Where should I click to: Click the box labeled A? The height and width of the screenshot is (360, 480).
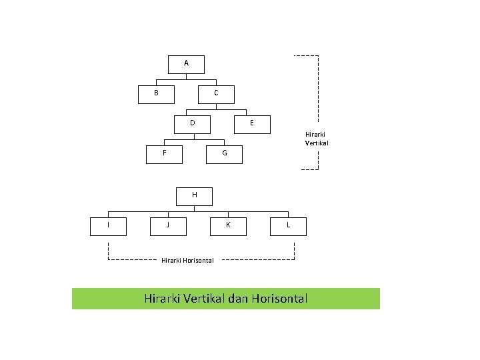(x=186, y=64)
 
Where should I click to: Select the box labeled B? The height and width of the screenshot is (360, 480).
(x=156, y=94)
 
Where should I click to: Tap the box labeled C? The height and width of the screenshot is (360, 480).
(x=216, y=94)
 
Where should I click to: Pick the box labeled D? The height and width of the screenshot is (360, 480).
(x=193, y=124)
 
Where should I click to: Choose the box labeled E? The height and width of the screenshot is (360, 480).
(x=251, y=124)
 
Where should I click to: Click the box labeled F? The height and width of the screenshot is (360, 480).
(x=165, y=153)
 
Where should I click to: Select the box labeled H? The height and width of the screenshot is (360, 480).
(x=195, y=196)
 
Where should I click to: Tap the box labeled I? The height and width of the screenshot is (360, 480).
(x=109, y=226)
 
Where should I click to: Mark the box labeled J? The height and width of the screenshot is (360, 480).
(x=168, y=226)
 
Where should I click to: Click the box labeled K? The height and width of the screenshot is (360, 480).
(x=228, y=226)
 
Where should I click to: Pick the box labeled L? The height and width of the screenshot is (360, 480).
(x=288, y=226)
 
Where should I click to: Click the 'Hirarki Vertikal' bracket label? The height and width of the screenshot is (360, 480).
(x=317, y=139)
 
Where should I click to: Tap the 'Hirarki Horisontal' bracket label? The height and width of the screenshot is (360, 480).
(x=187, y=260)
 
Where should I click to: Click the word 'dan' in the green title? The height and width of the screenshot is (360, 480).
(x=237, y=299)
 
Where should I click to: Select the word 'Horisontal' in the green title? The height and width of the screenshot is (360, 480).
(x=279, y=299)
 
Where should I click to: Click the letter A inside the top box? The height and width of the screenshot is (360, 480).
(x=186, y=63)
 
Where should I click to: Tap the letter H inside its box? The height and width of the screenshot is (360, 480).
(x=195, y=195)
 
